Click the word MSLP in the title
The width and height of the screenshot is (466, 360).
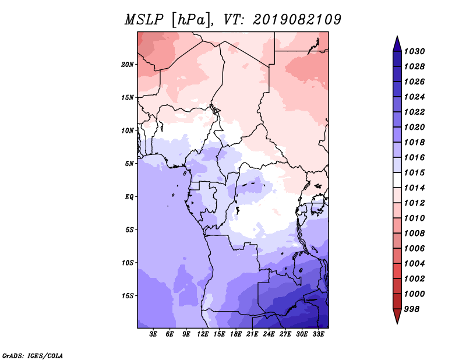tap(144, 20)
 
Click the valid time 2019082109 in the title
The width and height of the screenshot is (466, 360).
tap(297, 20)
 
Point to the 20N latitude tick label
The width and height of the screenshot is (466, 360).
tap(127, 65)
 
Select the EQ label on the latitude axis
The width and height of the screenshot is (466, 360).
tap(129, 197)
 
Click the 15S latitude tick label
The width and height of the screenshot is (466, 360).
tap(127, 296)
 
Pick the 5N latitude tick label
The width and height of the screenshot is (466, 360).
tap(129, 164)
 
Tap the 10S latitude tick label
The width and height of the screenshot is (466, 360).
tap(127, 263)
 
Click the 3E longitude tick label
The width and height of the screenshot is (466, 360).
tap(153, 334)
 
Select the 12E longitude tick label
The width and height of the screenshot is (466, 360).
tap(203, 334)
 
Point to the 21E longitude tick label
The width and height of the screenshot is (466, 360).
tap(252, 334)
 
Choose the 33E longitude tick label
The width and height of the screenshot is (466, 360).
tap(318, 334)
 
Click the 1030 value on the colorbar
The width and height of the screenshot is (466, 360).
tap(414, 51)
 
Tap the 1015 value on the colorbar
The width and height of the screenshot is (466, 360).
tap(414, 172)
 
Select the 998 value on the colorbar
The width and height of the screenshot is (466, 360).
tap(412, 309)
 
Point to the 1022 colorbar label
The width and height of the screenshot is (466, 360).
tap(414, 112)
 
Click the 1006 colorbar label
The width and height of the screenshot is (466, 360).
tap(414, 249)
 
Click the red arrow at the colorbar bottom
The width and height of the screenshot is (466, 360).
tap(397, 316)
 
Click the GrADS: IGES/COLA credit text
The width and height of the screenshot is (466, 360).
tap(33, 355)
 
